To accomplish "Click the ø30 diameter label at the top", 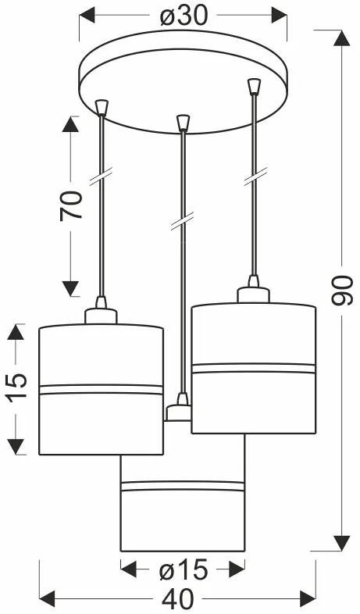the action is (184, 16).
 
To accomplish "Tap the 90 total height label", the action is (342, 290).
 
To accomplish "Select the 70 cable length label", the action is (71, 205).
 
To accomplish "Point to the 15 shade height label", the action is (17, 385).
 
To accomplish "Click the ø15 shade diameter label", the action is (184, 569).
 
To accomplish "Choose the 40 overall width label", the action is (177, 599).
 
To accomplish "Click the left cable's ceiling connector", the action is (102, 107).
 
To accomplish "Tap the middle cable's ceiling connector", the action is (183, 122).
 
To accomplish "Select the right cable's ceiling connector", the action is (255, 87).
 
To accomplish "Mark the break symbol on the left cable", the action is (102, 176).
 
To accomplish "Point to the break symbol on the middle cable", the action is (183, 221).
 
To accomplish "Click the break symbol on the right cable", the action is (255, 176).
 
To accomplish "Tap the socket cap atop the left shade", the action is (101, 316).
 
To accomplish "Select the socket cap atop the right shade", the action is (253, 295).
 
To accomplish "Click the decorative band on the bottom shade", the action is (183, 486).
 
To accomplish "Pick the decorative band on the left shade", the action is (101, 389).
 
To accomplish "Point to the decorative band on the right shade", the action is (253, 368).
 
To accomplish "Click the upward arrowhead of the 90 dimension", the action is (341, 38).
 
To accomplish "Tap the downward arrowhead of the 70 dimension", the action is (71, 288).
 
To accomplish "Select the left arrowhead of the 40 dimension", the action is (47, 599).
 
